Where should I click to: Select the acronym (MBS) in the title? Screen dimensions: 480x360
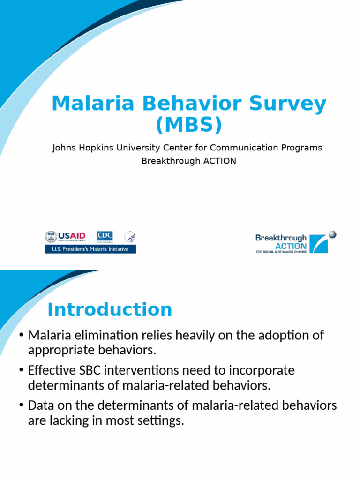(188, 125)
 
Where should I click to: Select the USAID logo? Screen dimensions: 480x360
(66, 237)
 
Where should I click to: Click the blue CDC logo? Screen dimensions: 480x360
(105, 237)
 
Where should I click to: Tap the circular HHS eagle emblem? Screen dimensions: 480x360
(130, 237)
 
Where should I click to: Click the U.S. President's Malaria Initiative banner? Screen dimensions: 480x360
(90, 249)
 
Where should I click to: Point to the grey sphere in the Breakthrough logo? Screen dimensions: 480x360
(332, 234)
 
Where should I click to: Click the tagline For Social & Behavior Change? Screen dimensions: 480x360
(280, 252)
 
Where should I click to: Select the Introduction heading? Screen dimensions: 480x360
(110, 310)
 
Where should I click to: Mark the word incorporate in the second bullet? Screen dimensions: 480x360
(262, 370)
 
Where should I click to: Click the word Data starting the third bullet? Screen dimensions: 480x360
(40, 405)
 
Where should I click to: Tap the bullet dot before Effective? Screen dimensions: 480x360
(21, 370)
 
